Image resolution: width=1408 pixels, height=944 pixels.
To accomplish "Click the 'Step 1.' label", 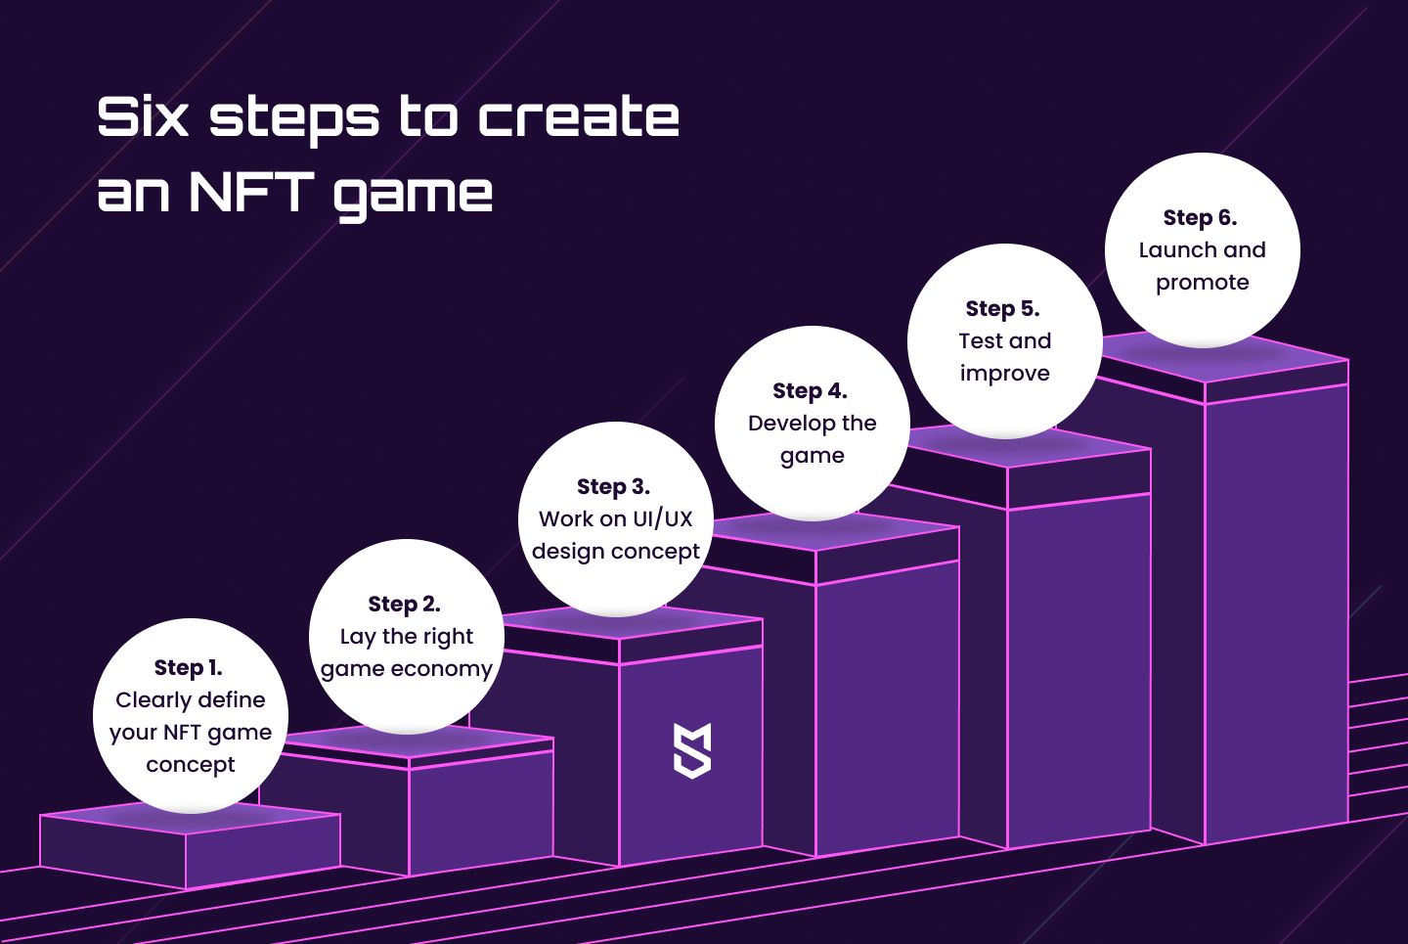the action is (x=189, y=667).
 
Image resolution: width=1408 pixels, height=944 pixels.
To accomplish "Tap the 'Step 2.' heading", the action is (x=404, y=604).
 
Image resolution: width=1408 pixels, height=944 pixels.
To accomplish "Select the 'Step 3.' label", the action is (x=613, y=487).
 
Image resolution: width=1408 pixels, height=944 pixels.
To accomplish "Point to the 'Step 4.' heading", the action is (x=811, y=391).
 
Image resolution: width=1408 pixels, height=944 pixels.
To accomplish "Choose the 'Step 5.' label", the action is (x=1002, y=309).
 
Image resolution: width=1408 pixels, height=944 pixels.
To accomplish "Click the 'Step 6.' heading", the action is (x=1200, y=217).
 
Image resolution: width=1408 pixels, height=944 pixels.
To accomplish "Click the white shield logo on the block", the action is (x=692, y=751).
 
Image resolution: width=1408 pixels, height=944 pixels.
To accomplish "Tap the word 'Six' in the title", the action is (x=143, y=117).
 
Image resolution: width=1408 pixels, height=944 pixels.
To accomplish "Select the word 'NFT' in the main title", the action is (x=251, y=192).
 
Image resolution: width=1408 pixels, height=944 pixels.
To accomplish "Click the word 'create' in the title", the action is (x=579, y=117).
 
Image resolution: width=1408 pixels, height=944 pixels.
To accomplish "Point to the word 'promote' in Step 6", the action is (x=1203, y=283).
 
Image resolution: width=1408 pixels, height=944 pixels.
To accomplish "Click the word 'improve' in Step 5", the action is (x=1004, y=374).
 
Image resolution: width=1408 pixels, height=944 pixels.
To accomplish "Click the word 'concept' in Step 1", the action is (x=191, y=765).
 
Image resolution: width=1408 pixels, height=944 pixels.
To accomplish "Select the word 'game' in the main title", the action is (x=413, y=195).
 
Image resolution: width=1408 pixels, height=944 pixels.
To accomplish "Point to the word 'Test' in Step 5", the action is (x=981, y=340).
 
